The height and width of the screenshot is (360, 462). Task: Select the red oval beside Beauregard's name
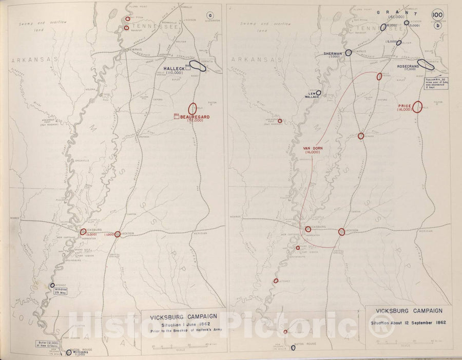point(193,109)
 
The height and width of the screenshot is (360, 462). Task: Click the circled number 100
point(438,14)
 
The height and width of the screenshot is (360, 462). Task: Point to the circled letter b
point(438,26)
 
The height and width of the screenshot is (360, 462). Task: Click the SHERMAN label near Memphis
point(334,53)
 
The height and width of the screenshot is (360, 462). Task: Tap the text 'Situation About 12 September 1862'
point(409,322)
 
